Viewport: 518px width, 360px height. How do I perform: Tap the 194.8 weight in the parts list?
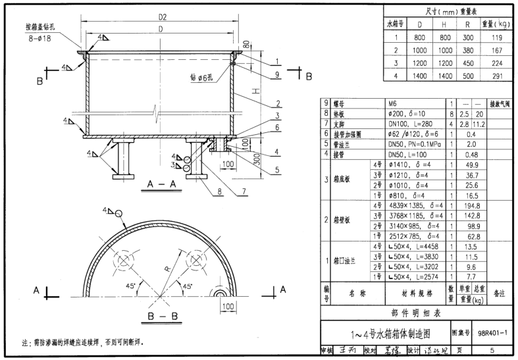[x=471, y=206]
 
